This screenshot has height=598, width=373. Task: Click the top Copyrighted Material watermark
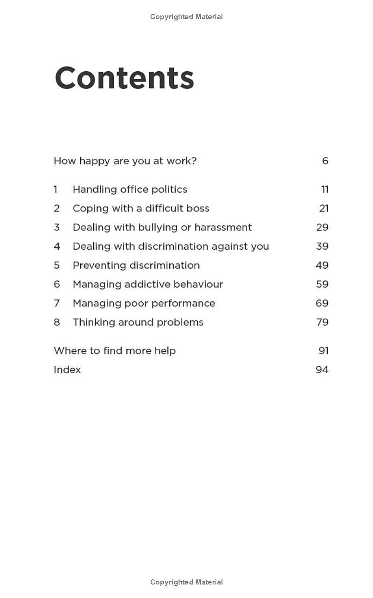(186, 17)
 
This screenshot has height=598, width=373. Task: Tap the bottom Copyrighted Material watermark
(186, 582)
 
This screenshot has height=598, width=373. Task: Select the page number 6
(325, 161)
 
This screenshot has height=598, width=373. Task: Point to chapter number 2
(56, 209)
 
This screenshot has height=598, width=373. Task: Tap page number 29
(322, 227)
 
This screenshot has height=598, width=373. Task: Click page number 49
(322, 265)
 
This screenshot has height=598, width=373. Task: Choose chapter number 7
(56, 303)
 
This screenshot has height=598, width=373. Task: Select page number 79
(322, 322)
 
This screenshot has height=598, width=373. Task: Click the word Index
(67, 370)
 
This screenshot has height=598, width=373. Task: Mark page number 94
(322, 370)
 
